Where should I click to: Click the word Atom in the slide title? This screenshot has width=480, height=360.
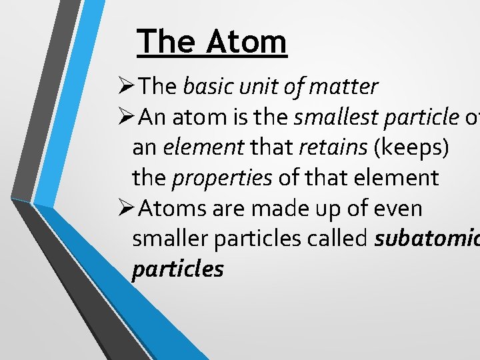point(246,41)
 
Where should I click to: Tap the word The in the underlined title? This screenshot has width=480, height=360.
point(166,41)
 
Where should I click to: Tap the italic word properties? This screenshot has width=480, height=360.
point(223,178)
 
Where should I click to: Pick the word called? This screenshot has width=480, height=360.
point(337,239)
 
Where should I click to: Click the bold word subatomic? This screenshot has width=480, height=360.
point(427,239)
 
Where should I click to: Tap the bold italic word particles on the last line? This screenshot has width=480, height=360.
point(177,269)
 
